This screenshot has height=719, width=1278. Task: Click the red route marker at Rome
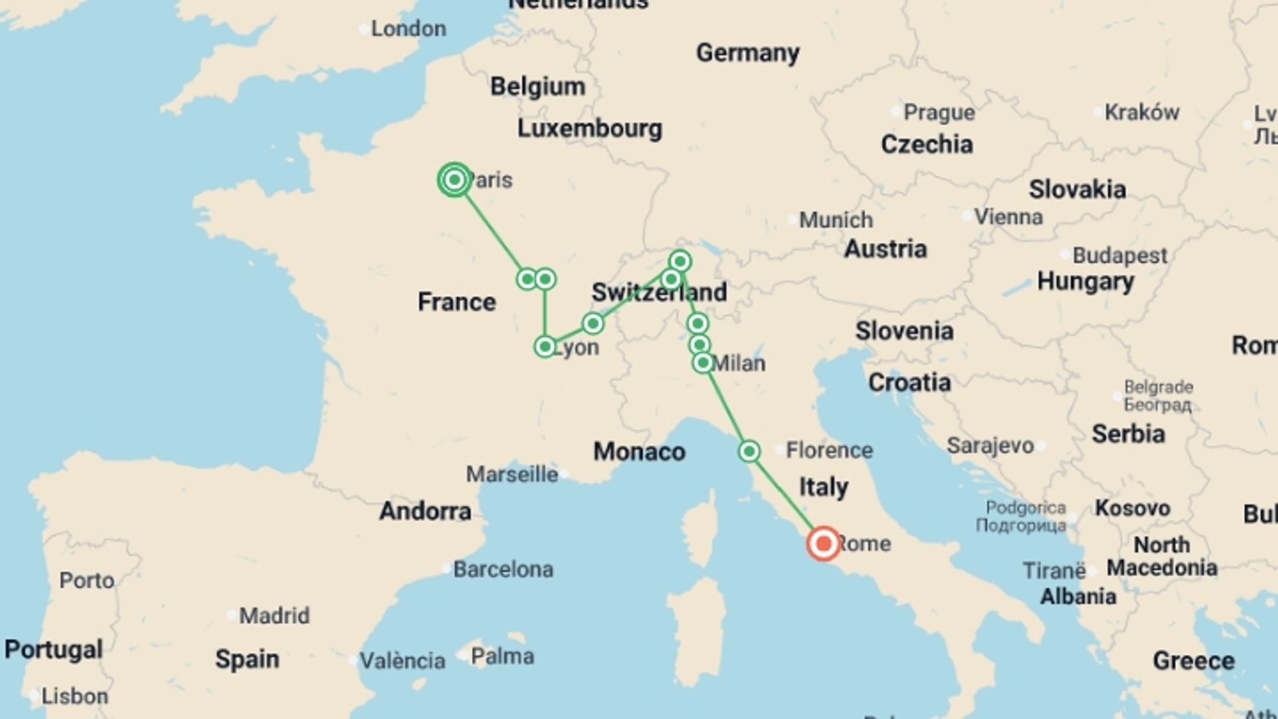pos(823,543)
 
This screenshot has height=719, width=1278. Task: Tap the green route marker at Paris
pos(455,180)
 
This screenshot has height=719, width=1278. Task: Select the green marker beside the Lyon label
pos(545,346)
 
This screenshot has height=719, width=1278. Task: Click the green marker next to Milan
pos(703,363)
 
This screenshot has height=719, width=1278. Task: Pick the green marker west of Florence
pos(749,451)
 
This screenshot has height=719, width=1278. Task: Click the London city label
pos(408,29)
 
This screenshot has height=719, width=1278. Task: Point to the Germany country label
pos(747,53)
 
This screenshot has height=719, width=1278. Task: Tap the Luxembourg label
pos(590,128)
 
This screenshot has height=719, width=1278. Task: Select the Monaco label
pos(639,451)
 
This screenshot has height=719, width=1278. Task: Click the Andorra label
pos(425,511)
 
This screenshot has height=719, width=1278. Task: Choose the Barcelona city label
pos(503,569)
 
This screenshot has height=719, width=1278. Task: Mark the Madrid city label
pos(274,615)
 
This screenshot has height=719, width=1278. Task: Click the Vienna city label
pos(1008,216)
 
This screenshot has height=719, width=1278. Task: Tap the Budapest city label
pos(1120,255)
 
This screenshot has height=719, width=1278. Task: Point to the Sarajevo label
pos(990,445)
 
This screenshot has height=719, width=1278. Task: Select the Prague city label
pos(939,112)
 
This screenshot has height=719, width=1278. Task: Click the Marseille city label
pos(512,474)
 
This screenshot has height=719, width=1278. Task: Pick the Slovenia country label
pos(904,331)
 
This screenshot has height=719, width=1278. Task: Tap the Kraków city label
pos(1142,112)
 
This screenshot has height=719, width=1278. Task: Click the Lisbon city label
pos(75,696)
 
